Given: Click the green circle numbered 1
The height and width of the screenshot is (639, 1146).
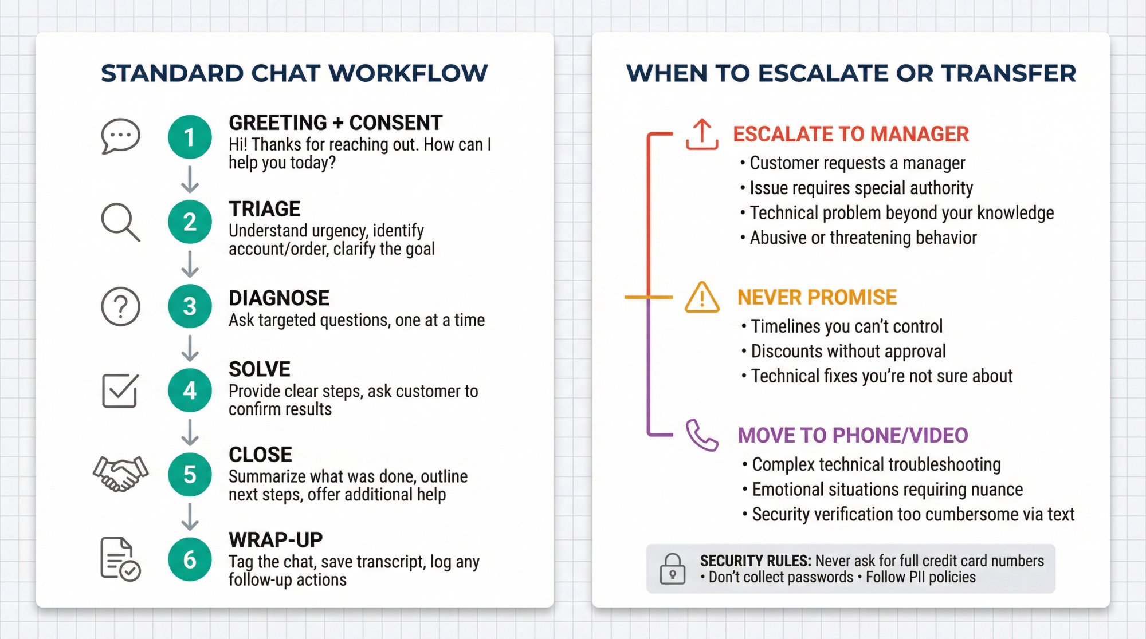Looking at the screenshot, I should click(x=190, y=137).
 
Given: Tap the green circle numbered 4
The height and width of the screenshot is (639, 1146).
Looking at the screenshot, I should click(x=190, y=391).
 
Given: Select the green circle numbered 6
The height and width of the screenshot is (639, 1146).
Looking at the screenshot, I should click(x=190, y=559).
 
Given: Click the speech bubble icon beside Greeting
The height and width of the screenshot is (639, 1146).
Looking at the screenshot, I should click(x=120, y=136).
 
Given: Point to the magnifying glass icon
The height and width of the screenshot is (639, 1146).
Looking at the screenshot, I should click(x=120, y=222).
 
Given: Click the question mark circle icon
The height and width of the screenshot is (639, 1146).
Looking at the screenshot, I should click(x=120, y=307).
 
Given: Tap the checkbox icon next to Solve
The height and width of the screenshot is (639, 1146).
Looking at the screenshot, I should click(x=120, y=391).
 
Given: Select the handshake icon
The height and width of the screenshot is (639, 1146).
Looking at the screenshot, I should click(x=120, y=474).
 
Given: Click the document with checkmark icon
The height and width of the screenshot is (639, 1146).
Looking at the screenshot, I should click(x=120, y=559).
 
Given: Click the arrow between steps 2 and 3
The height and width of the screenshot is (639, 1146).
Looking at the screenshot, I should click(x=190, y=264).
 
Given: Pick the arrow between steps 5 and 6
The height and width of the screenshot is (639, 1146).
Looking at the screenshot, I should click(x=190, y=517).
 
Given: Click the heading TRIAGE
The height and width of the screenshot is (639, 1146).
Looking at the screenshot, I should click(x=264, y=209).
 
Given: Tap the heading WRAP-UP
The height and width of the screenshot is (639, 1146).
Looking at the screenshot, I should click(x=276, y=539).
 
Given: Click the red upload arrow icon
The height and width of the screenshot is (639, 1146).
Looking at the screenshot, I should click(x=702, y=135).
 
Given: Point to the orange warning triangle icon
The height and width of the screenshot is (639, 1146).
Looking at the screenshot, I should click(x=702, y=297).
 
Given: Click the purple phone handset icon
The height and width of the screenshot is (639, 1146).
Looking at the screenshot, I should click(x=702, y=435).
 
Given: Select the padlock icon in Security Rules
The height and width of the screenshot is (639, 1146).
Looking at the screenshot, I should click(x=672, y=569).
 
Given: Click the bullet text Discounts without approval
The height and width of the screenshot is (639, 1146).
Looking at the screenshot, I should click(x=848, y=351).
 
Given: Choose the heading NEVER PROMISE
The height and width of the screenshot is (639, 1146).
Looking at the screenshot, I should click(x=817, y=297).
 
